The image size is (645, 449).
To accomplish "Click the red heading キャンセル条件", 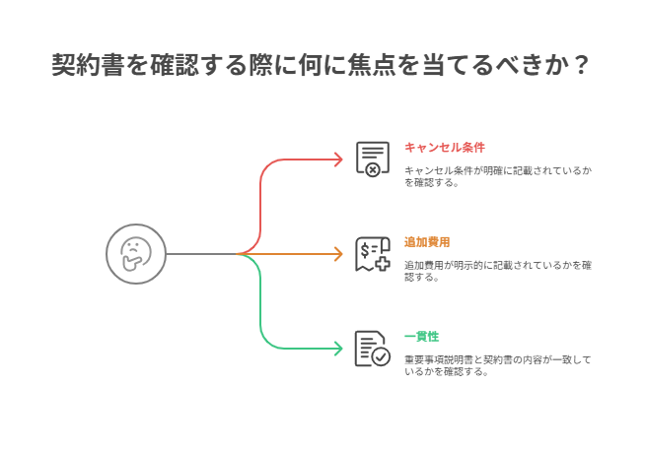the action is (445, 147).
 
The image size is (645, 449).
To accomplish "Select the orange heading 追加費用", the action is (427, 242).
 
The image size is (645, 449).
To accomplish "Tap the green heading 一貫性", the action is (422, 337).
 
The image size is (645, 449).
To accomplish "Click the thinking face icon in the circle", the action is (136, 254).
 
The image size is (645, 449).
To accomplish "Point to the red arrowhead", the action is (338, 160).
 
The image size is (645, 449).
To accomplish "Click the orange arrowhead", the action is (338, 254).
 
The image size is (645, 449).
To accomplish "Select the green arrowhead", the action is (338, 349).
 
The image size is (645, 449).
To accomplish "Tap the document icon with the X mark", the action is (373, 160).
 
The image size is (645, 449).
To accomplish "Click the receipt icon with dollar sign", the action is (373, 254).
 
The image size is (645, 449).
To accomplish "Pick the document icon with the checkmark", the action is (373, 349).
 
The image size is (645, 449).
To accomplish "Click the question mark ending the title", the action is (581, 65).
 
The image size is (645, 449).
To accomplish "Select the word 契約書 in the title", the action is (88, 65).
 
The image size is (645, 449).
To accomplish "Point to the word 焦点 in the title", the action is (372, 65).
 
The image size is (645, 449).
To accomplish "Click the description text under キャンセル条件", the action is (498, 176).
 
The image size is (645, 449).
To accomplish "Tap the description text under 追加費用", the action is (498, 271).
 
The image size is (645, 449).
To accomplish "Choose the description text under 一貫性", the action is (498, 365).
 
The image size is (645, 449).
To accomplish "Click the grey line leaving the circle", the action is (201, 254).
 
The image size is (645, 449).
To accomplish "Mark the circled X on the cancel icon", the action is (373, 169).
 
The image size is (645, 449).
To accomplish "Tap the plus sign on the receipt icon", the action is (383, 264).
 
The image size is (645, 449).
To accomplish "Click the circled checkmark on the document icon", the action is (381, 357).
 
